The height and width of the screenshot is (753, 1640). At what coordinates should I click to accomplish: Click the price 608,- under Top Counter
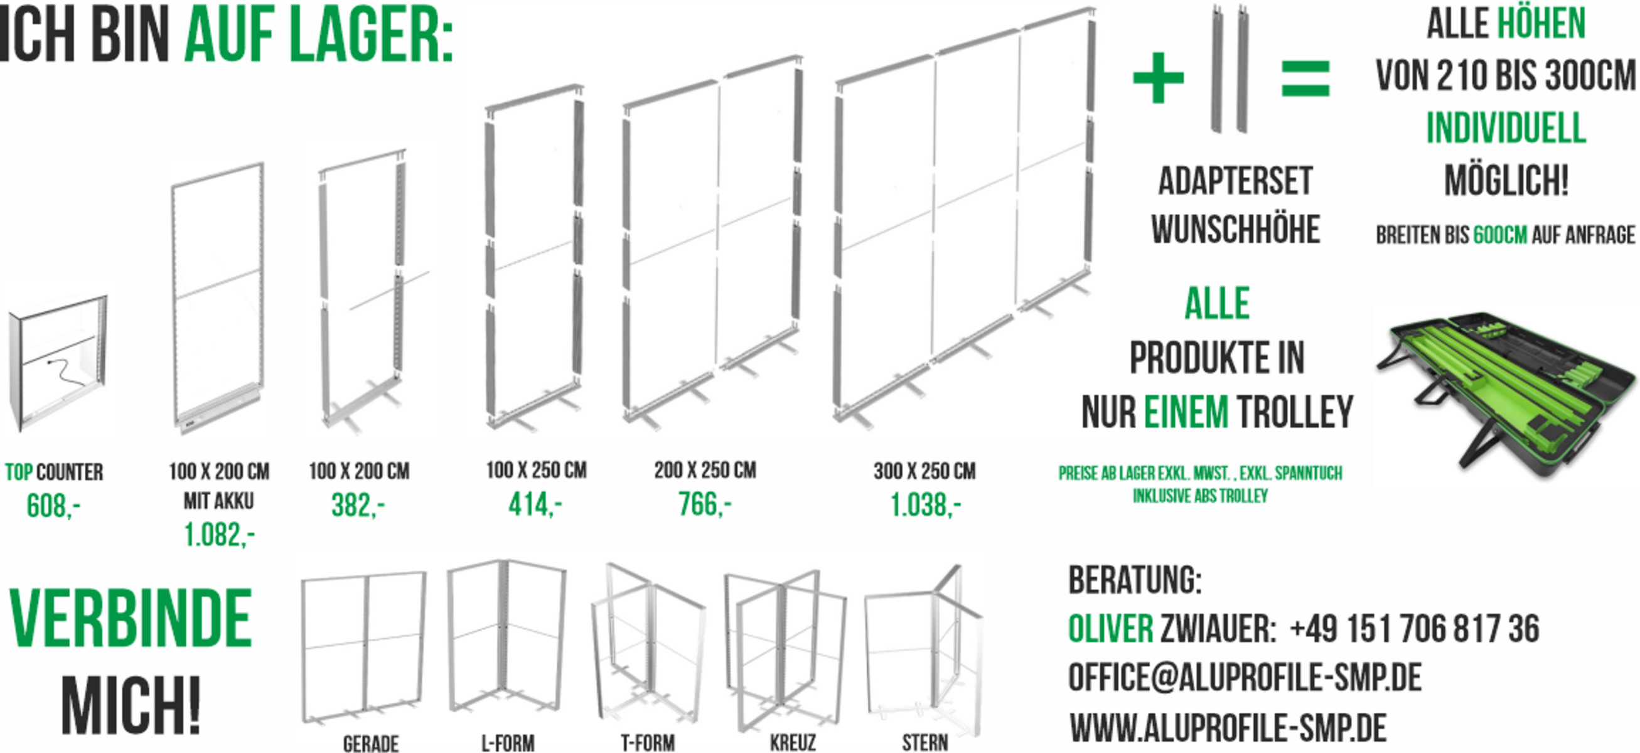53,506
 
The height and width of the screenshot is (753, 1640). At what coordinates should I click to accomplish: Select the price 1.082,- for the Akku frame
219,535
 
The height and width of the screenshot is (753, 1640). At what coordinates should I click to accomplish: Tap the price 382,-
358,505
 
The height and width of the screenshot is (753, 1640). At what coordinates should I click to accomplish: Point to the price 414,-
535,505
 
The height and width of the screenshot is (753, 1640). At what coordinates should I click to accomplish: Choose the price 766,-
705,504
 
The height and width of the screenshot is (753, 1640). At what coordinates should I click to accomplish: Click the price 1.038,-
925,505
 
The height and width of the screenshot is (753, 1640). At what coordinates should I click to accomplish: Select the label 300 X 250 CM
925,471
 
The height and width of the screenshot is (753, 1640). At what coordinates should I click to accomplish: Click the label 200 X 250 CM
705,471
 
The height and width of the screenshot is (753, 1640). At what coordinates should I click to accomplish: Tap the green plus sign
1158,78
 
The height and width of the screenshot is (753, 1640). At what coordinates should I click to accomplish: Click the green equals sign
1305,78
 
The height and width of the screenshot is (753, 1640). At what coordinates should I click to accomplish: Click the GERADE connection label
370,743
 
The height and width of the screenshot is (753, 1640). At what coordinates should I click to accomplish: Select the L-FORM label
507,743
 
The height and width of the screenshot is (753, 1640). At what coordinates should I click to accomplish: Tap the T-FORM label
648,743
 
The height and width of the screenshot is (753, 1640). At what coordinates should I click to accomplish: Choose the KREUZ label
793,743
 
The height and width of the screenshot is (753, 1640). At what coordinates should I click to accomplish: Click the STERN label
925,743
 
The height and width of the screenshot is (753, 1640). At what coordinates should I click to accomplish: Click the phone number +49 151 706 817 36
1415,629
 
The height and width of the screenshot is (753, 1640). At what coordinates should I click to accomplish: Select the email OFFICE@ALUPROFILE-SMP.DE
1245,677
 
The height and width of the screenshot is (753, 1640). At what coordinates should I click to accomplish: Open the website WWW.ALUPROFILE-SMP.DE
1228,727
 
